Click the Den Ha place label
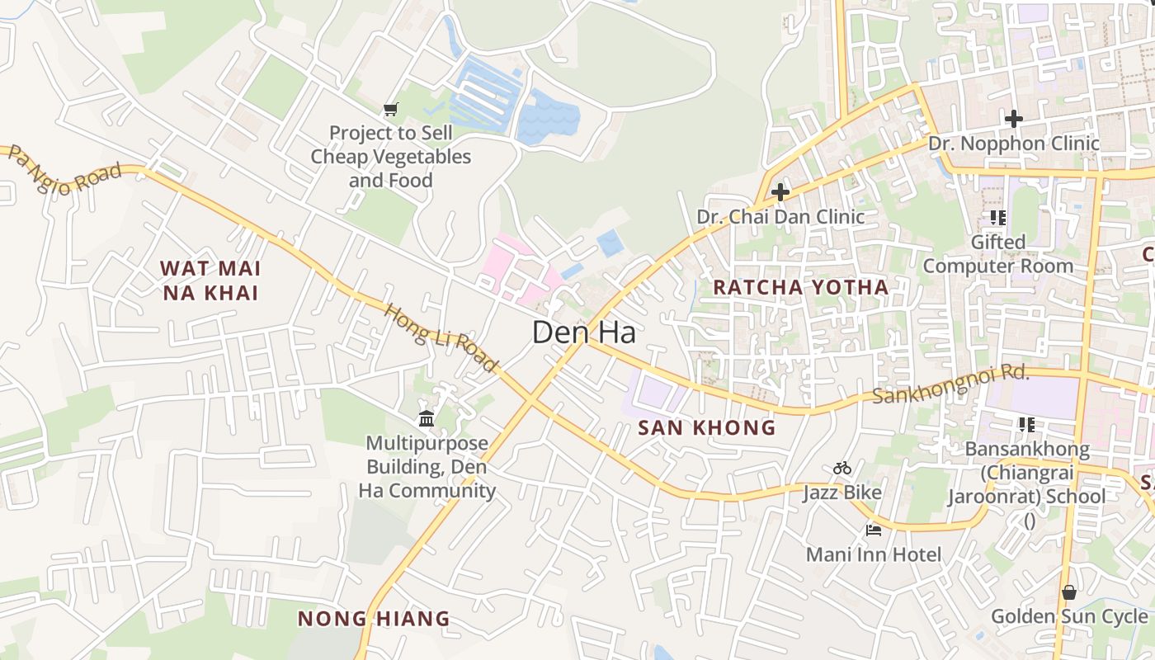pos(584,332)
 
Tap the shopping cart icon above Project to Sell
pos(391,109)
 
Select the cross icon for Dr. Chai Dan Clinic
pos(780,193)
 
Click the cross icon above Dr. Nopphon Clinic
pos(1014,120)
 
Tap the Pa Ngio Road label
pos(65,171)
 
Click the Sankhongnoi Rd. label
pos(951,384)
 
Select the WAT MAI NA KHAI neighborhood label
pos(210,280)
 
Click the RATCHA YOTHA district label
pos(800,287)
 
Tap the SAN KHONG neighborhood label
pos(707,427)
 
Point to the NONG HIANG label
pos(374,619)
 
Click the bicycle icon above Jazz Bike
pos(842,469)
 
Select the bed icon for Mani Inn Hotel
pos(874,530)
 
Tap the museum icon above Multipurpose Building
pos(427,419)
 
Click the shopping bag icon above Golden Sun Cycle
pos(1069,592)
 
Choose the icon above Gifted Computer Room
pos(998,218)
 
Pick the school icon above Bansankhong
pos(1027,425)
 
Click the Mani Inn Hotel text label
pos(874,554)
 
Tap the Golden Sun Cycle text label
pos(1069,616)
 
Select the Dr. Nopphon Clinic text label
pos(1014,144)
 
